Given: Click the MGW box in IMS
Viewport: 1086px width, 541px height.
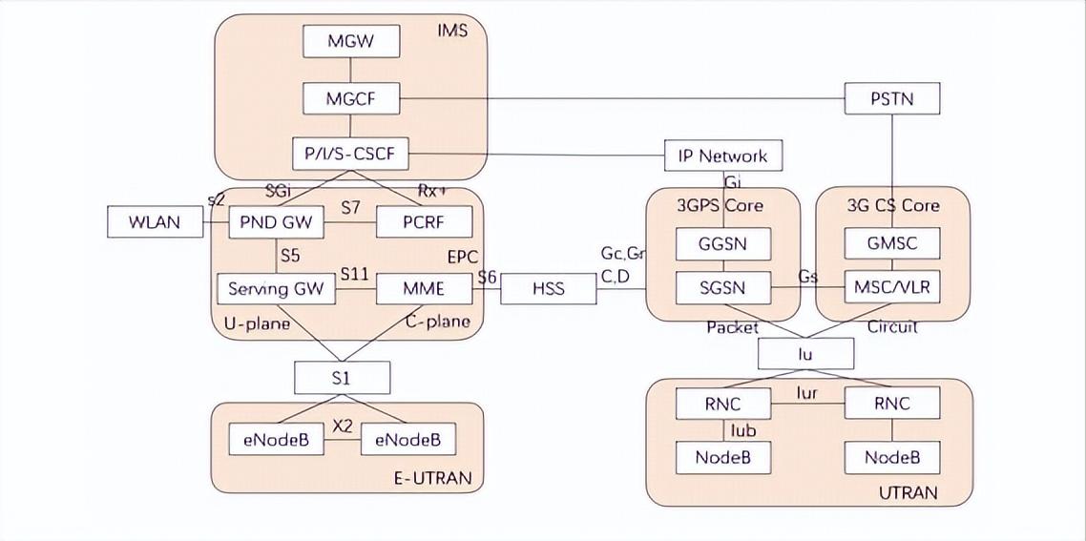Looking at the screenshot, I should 350,41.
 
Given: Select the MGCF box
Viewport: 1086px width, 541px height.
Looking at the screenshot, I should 350,97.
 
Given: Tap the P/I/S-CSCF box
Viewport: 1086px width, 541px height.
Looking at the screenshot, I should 350,153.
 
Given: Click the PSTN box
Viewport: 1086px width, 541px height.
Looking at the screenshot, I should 891,98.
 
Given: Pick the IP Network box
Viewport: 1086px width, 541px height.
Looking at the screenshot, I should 721,156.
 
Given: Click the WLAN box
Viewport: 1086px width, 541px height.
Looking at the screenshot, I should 156,223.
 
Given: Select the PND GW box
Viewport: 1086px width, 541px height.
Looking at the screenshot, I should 276,223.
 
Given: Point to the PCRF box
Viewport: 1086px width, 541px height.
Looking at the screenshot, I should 424,223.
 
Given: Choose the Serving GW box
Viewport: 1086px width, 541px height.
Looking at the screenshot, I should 276,288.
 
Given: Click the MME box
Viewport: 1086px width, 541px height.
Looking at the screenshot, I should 424,288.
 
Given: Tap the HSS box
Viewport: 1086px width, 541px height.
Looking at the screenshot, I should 548,288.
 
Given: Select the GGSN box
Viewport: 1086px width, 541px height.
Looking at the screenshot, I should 723,244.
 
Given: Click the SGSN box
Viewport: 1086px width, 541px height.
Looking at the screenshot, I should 723,286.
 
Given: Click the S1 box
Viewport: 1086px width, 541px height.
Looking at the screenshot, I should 342,378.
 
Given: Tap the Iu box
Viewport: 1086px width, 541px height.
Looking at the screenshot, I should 805,354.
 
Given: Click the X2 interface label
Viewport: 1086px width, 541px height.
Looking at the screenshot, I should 343,426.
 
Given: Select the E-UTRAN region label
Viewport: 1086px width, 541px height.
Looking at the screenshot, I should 432,478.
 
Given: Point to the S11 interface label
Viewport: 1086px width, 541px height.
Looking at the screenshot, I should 355,274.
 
